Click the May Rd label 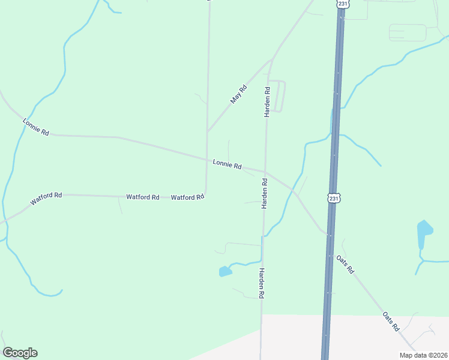point(239,94)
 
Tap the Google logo point(20,353)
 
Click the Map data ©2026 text point(423,355)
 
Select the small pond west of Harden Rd point(225,272)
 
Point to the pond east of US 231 point(424,232)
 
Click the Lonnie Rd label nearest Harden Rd point(227,164)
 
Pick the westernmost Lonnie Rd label point(36,127)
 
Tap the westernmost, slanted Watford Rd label point(46,199)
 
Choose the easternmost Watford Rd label point(187,197)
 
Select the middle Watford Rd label point(142,197)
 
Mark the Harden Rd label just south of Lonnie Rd point(264,193)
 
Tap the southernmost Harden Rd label point(262,283)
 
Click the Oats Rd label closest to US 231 point(346,265)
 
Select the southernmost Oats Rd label point(391,322)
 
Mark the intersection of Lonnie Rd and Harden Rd point(265,172)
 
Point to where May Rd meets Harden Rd point(272,61)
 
